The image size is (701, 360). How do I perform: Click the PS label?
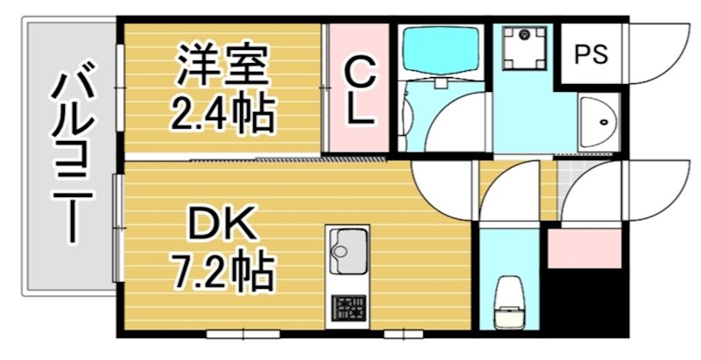(x=591, y=53)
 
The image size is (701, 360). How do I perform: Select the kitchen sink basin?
(x=347, y=254)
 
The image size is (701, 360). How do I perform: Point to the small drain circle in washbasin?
(x=602, y=124)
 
